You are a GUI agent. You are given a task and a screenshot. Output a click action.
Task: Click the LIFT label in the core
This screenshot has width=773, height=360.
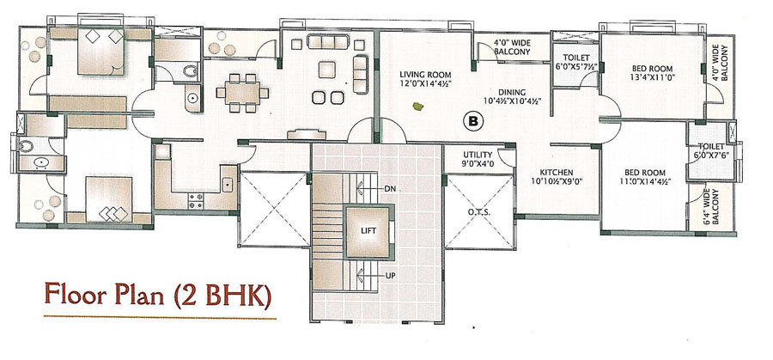click(x=368, y=230)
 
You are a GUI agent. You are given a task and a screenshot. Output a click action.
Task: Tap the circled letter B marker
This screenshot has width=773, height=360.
click(x=472, y=121)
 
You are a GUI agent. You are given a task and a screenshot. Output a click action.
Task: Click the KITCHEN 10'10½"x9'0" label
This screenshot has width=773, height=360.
click(x=556, y=176)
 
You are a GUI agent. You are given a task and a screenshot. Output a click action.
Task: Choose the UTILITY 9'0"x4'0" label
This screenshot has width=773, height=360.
click(x=478, y=158)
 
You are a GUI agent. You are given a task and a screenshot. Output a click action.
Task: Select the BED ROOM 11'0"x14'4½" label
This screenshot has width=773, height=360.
click(x=645, y=176)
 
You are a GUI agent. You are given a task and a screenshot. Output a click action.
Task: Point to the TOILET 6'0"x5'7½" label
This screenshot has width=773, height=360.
click(x=575, y=62)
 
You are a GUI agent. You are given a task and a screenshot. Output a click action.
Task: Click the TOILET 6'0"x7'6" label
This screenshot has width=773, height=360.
click(x=711, y=150)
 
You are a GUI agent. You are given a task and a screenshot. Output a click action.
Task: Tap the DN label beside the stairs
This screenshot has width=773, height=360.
click(x=390, y=189)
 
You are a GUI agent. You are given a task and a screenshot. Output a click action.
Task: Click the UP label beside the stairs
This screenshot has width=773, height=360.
click(x=391, y=276)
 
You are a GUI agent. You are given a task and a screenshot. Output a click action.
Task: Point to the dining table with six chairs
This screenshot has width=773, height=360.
click(x=242, y=93)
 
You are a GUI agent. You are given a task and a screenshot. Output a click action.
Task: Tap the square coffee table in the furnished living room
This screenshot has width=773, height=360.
click(x=326, y=69)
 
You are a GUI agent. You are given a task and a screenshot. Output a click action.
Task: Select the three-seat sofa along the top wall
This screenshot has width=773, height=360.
click(x=328, y=41)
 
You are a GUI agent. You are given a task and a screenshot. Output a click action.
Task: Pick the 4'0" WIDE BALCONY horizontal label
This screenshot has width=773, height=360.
click(x=512, y=47)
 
